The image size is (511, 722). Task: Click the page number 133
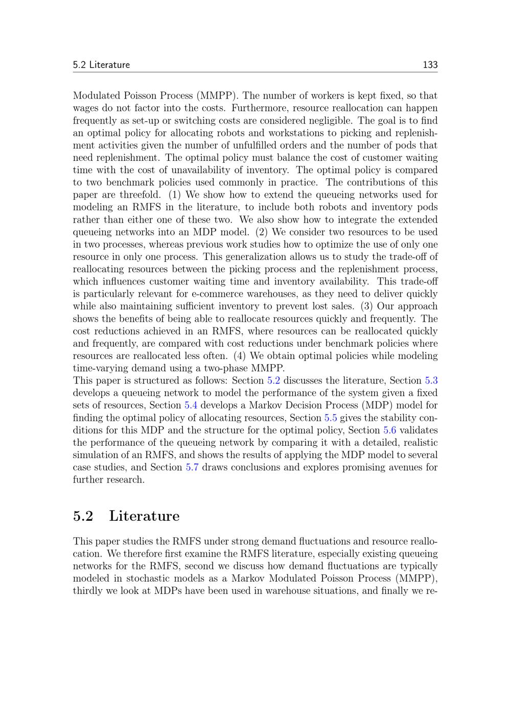[x=430, y=65]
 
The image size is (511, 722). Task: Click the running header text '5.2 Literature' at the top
[x=101, y=65]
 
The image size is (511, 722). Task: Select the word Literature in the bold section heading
[x=144, y=516]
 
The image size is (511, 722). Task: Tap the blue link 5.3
[x=431, y=380]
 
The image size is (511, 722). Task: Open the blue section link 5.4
[x=191, y=405]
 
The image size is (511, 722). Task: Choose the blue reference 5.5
[x=331, y=418]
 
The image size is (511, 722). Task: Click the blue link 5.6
[x=390, y=430]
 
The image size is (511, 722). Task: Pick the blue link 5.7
[x=192, y=467]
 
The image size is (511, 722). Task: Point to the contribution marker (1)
[x=175, y=195]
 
